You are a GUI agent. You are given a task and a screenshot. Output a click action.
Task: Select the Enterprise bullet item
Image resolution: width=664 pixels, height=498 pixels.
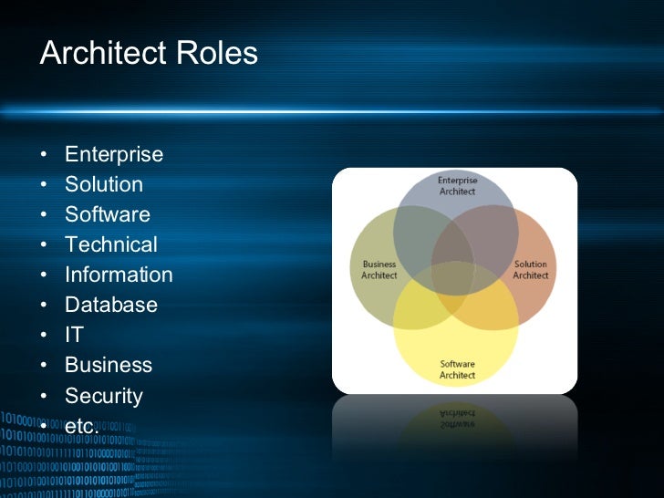click(x=114, y=154)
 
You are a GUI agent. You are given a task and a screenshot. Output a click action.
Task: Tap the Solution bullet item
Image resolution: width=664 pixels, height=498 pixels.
click(x=104, y=184)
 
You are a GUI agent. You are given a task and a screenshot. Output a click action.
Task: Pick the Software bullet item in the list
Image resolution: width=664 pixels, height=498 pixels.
click(x=108, y=214)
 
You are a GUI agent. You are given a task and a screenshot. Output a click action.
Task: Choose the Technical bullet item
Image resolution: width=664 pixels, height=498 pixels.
click(x=111, y=244)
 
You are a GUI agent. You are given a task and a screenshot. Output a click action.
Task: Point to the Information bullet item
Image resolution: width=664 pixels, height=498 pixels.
click(x=119, y=275)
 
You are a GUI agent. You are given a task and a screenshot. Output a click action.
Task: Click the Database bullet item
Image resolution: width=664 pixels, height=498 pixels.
click(x=111, y=305)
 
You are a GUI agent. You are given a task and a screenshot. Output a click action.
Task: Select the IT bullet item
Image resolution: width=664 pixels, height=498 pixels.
click(x=74, y=335)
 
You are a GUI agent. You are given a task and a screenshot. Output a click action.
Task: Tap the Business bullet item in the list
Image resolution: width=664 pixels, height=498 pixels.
click(x=109, y=365)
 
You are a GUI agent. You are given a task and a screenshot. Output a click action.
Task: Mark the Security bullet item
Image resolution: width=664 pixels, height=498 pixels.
click(x=104, y=396)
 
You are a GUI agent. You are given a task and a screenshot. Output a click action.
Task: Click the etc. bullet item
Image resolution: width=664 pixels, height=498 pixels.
click(x=81, y=426)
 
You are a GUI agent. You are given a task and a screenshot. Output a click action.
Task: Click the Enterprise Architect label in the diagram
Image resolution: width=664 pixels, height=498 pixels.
click(x=457, y=186)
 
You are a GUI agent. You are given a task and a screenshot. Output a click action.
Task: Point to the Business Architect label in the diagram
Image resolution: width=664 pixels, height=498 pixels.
click(x=379, y=270)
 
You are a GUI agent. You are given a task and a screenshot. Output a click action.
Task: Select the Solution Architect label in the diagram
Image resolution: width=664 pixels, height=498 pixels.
click(x=530, y=270)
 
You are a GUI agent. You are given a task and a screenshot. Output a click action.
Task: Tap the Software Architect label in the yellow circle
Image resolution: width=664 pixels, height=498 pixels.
click(x=457, y=369)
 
